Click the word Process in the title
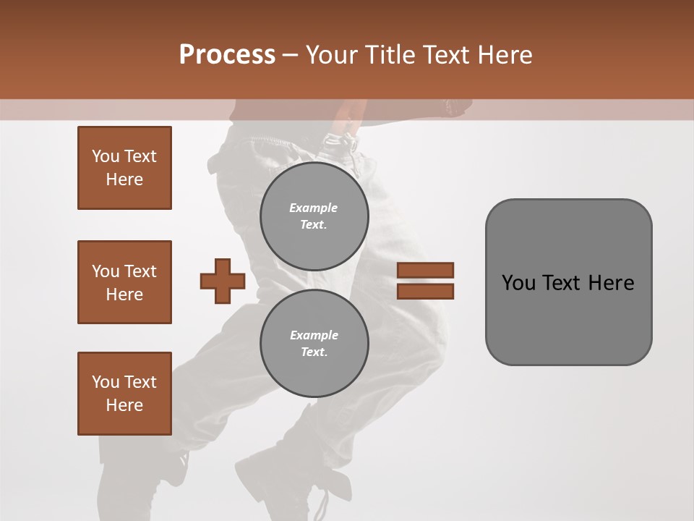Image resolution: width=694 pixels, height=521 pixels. pyautogui.click(x=227, y=55)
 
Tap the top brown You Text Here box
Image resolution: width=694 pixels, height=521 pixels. pyautogui.click(x=124, y=168)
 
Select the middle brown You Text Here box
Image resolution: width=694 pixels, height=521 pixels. pyautogui.click(x=124, y=282)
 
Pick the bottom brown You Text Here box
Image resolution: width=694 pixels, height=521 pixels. pyautogui.click(x=124, y=394)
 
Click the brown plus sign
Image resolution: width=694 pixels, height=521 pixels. pyautogui.click(x=223, y=281)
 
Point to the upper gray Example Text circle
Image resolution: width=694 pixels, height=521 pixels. pyautogui.click(x=314, y=216)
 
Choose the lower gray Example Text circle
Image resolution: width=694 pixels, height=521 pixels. pyautogui.click(x=314, y=343)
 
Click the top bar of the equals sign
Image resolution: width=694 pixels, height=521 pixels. pyautogui.click(x=425, y=270)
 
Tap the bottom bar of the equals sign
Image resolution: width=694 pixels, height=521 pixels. pyautogui.click(x=425, y=291)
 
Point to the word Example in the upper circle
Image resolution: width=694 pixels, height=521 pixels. pyautogui.click(x=313, y=208)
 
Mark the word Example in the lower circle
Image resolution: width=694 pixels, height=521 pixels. pyautogui.click(x=314, y=335)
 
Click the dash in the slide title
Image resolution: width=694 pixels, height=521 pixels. pyautogui.click(x=290, y=55)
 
